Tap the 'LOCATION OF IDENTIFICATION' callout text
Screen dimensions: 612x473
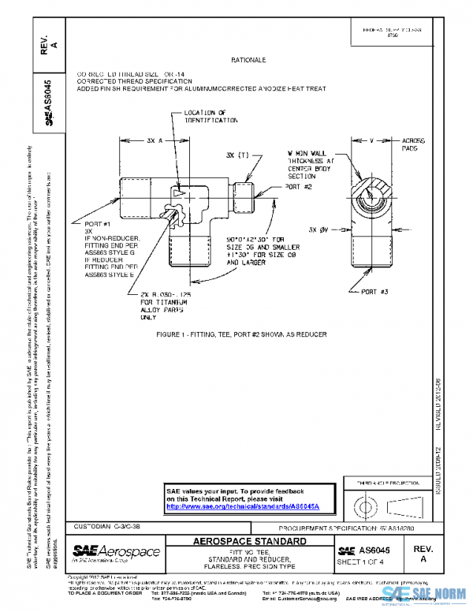tap(210, 117)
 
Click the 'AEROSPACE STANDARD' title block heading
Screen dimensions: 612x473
tap(251, 543)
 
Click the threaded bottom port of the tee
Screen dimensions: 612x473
tap(188, 248)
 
